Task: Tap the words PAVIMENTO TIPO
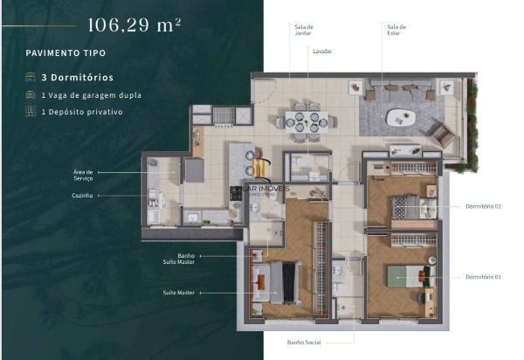click(65, 53)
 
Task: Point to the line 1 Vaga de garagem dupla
click(90, 95)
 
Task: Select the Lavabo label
click(322, 52)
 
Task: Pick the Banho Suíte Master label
click(185, 258)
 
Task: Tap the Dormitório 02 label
click(485, 207)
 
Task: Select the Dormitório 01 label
click(485, 277)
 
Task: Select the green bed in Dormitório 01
click(408, 279)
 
